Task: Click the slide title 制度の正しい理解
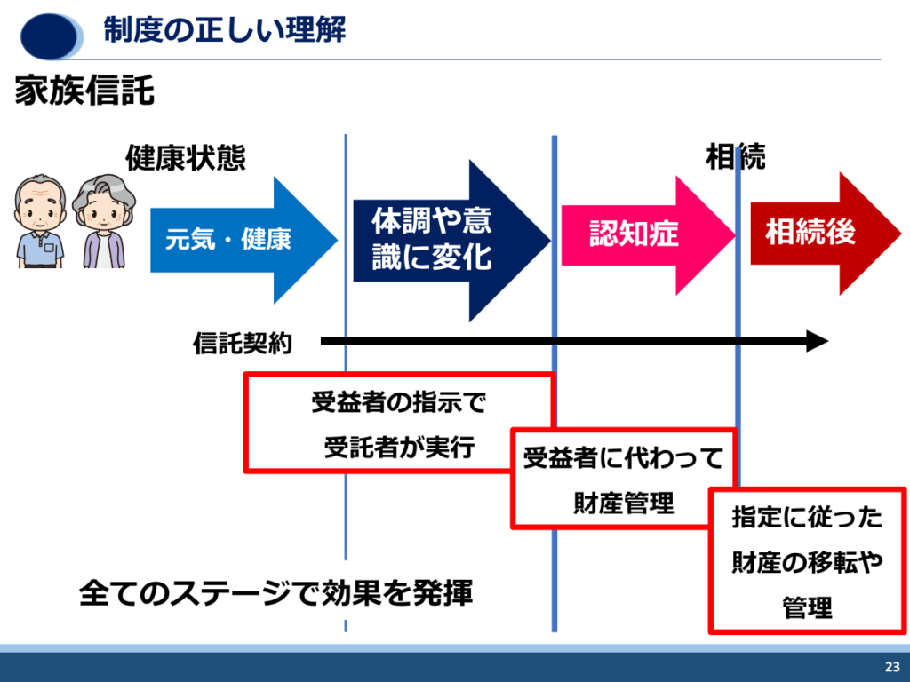point(225,29)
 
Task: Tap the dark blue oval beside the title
point(50,36)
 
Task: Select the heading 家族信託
point(84,90)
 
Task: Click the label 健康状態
point(186,157)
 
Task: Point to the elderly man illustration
point(40,221)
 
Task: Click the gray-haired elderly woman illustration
point(104,221)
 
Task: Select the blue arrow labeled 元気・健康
point(243,240)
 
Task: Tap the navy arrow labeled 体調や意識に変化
point(451,240)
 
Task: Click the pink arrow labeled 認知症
point(648,234)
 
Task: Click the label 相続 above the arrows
point(735,156)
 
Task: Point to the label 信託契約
point(243,344)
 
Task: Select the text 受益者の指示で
point(399,402)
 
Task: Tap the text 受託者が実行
point(399,448)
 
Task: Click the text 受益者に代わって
point(623,457)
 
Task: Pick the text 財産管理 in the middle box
point(623,503)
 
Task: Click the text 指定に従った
point(807,517)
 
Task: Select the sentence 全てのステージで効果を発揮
point(276,592)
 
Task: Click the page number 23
point(892,666)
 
